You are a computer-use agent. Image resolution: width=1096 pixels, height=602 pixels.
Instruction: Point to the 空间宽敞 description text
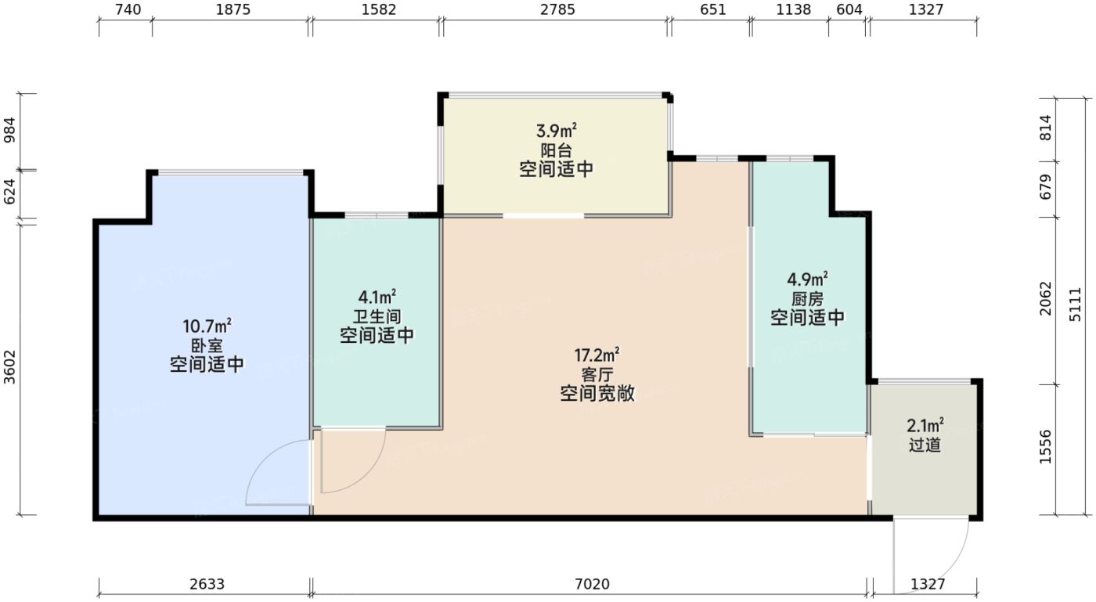(x=597, y=395)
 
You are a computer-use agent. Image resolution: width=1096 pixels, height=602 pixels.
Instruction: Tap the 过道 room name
(x=925, y=445)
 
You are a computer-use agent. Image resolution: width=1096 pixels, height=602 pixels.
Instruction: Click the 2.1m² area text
(x=925, y=427)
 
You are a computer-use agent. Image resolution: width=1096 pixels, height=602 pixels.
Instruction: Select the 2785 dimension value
(x=557, y=10)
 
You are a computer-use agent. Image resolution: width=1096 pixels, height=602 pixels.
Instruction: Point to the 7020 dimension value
(x=592, y=584)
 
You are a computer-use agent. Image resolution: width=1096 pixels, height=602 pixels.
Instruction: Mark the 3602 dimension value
(x=10, y=368)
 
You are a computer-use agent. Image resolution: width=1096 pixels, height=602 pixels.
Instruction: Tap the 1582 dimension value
(x=380, y=10)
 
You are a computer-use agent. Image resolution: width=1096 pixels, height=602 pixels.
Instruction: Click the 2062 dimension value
(x=1045, y=299)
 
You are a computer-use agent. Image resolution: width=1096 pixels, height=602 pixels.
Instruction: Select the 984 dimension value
(x=10, y=131)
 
